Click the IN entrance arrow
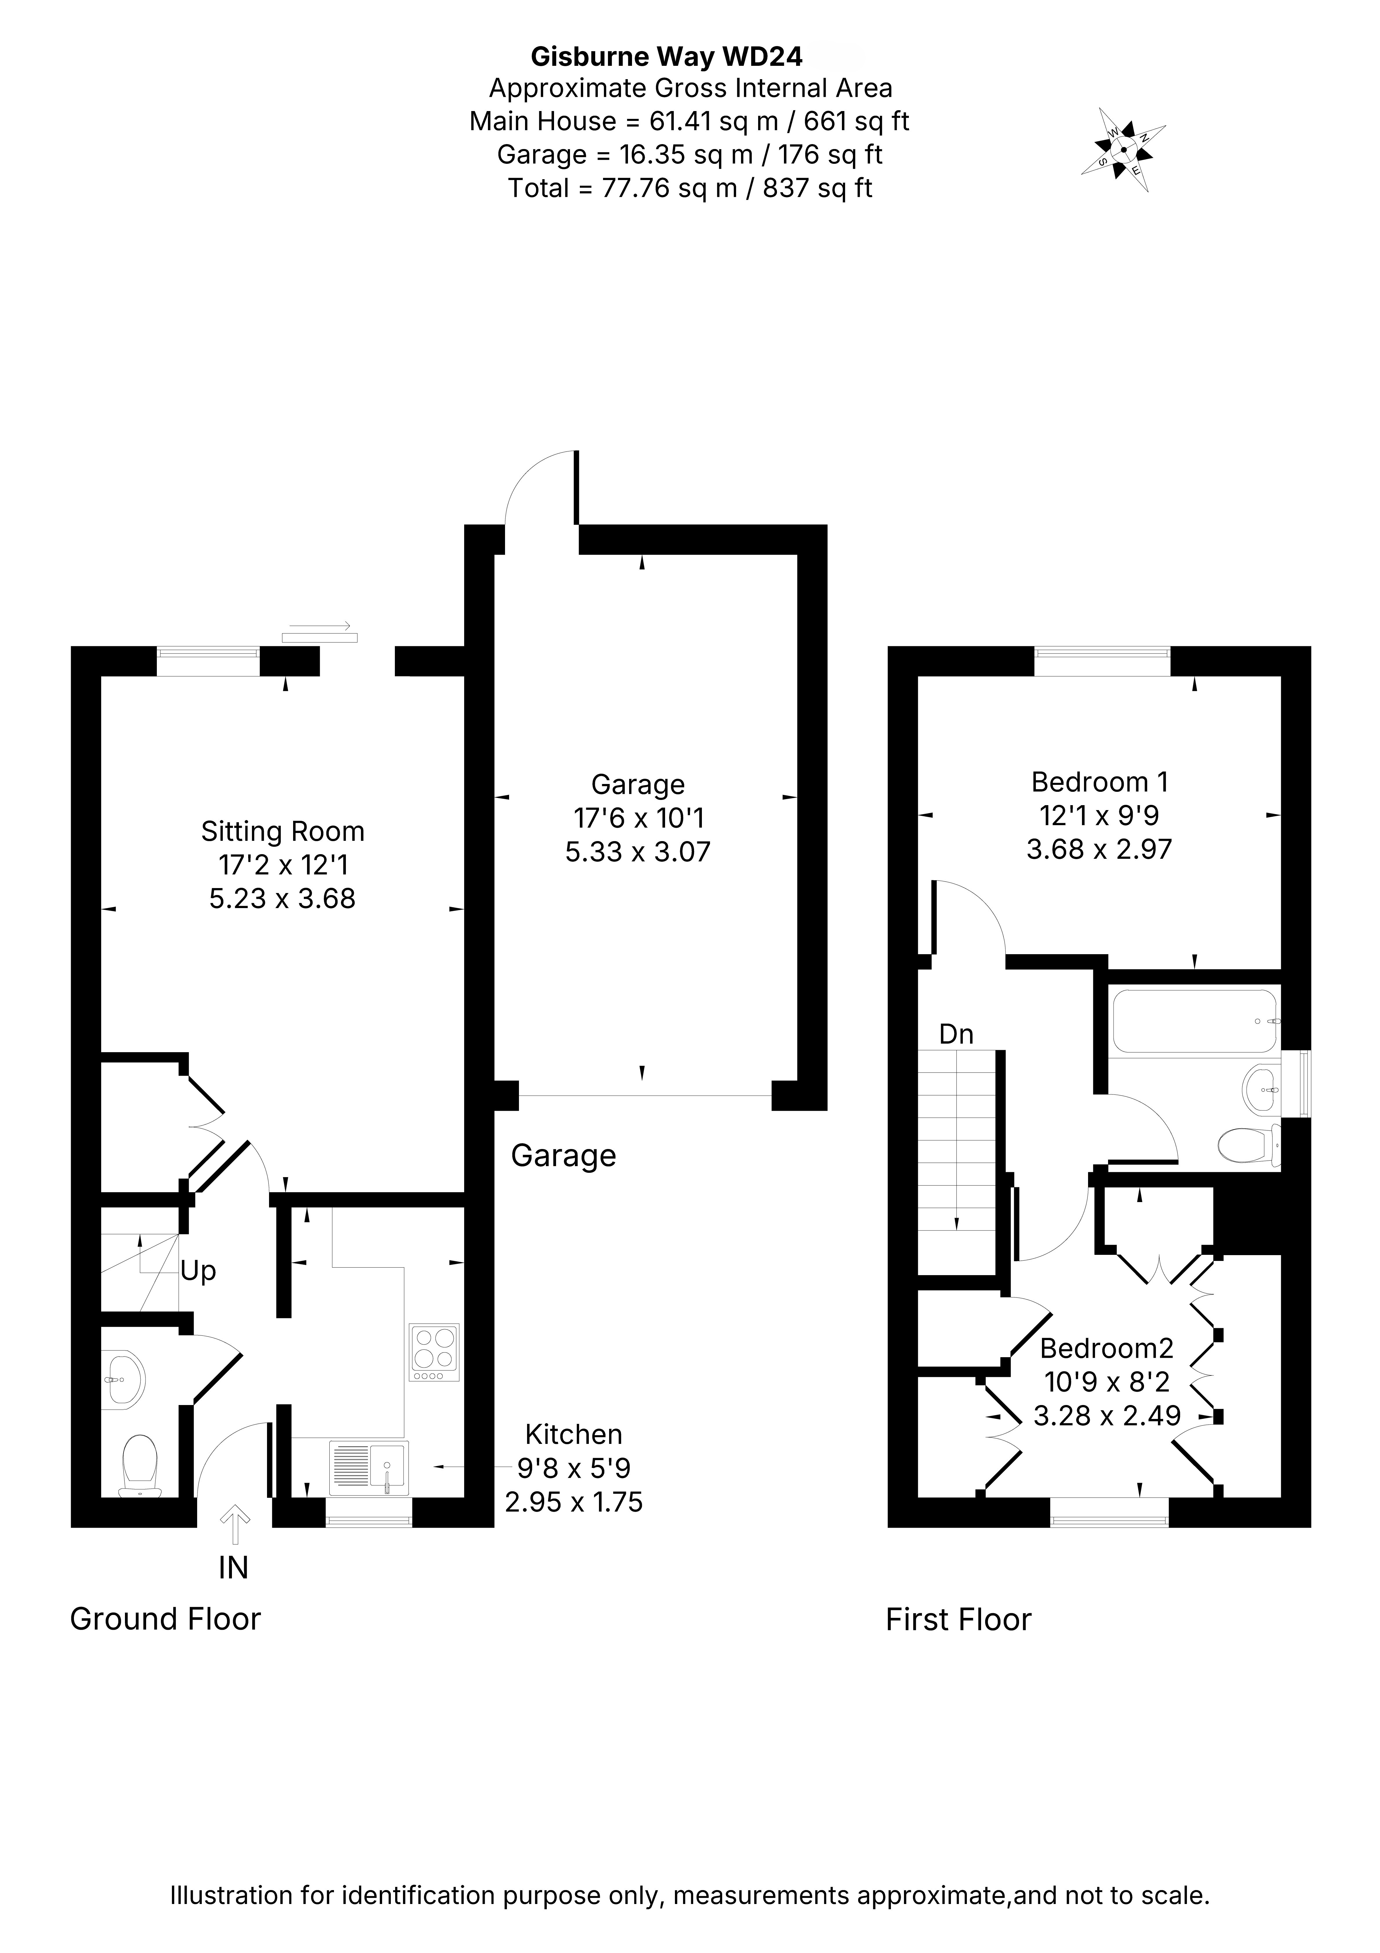click(x=235, y=1524)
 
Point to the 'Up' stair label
click(x=198, y=1271)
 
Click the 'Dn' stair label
click(x=956, y=1034)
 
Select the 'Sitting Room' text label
click(x=282, y=831)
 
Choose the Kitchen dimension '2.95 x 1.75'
click(x=574, y=1502)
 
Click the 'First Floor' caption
click(x=959, y=1620)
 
